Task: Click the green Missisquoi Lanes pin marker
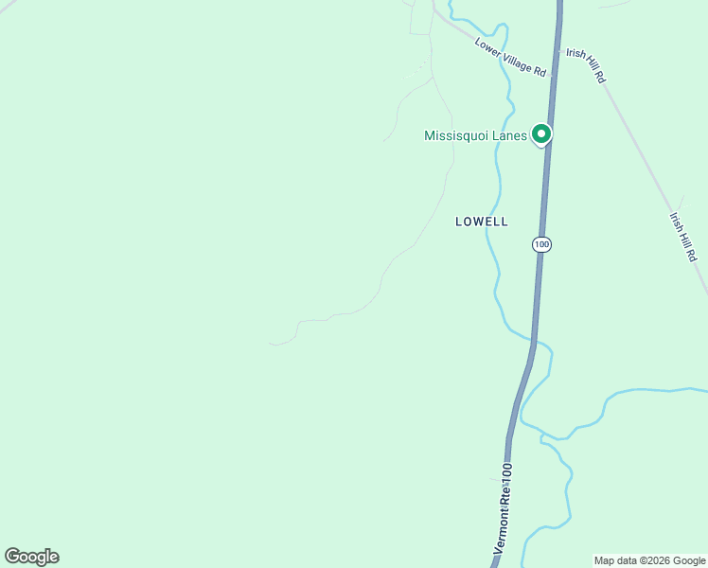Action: pyautogui.click(x=540, y=134)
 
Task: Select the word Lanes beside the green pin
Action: pyautogui.click(x=509, y=136)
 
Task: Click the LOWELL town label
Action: pyautogui.click(x=482, y=222)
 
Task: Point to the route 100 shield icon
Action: pyautogui.click(x=540, y=244)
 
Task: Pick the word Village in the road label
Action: pyautogui.click(x=516, y=61)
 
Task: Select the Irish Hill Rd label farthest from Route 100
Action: pyautogui.click(x=683, y=236)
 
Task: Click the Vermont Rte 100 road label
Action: pyautogui.click(x=504, y=508)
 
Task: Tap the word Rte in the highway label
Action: pyautogui.click(x=504, y=494)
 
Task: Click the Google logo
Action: pyautogui.click(x=31, y=557)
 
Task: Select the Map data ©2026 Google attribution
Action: pyautogui.click(x=649, y=560)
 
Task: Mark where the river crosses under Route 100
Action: pyautogui.click(x=533, y=340)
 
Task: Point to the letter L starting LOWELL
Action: pyautogui.click(x=459, y=222)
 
